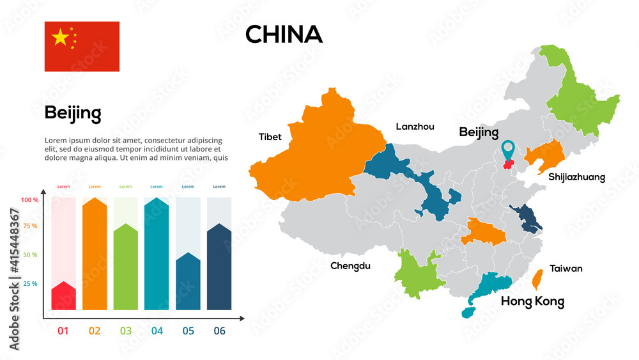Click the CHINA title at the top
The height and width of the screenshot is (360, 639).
click(284, 35)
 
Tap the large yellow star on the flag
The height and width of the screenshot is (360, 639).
click(60, 37)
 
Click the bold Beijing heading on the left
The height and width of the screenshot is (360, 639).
click(73, 114)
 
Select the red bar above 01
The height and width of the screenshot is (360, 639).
click(63, 296)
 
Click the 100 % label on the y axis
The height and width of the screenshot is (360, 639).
click(30, 200)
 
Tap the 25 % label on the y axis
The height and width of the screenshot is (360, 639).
click(30, 283)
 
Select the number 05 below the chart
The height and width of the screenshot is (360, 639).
click(188, 331)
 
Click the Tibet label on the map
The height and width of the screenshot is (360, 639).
click(270, 137)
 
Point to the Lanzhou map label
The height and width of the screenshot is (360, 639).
click(415, 127)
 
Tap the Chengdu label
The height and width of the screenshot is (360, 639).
click(350, 266)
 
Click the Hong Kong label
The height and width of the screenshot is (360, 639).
click(532, 301)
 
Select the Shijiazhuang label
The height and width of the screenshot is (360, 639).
click(576, 177)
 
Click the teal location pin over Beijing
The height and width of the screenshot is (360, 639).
click(509, 150)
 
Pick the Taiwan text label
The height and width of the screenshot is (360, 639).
click(566, 269)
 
